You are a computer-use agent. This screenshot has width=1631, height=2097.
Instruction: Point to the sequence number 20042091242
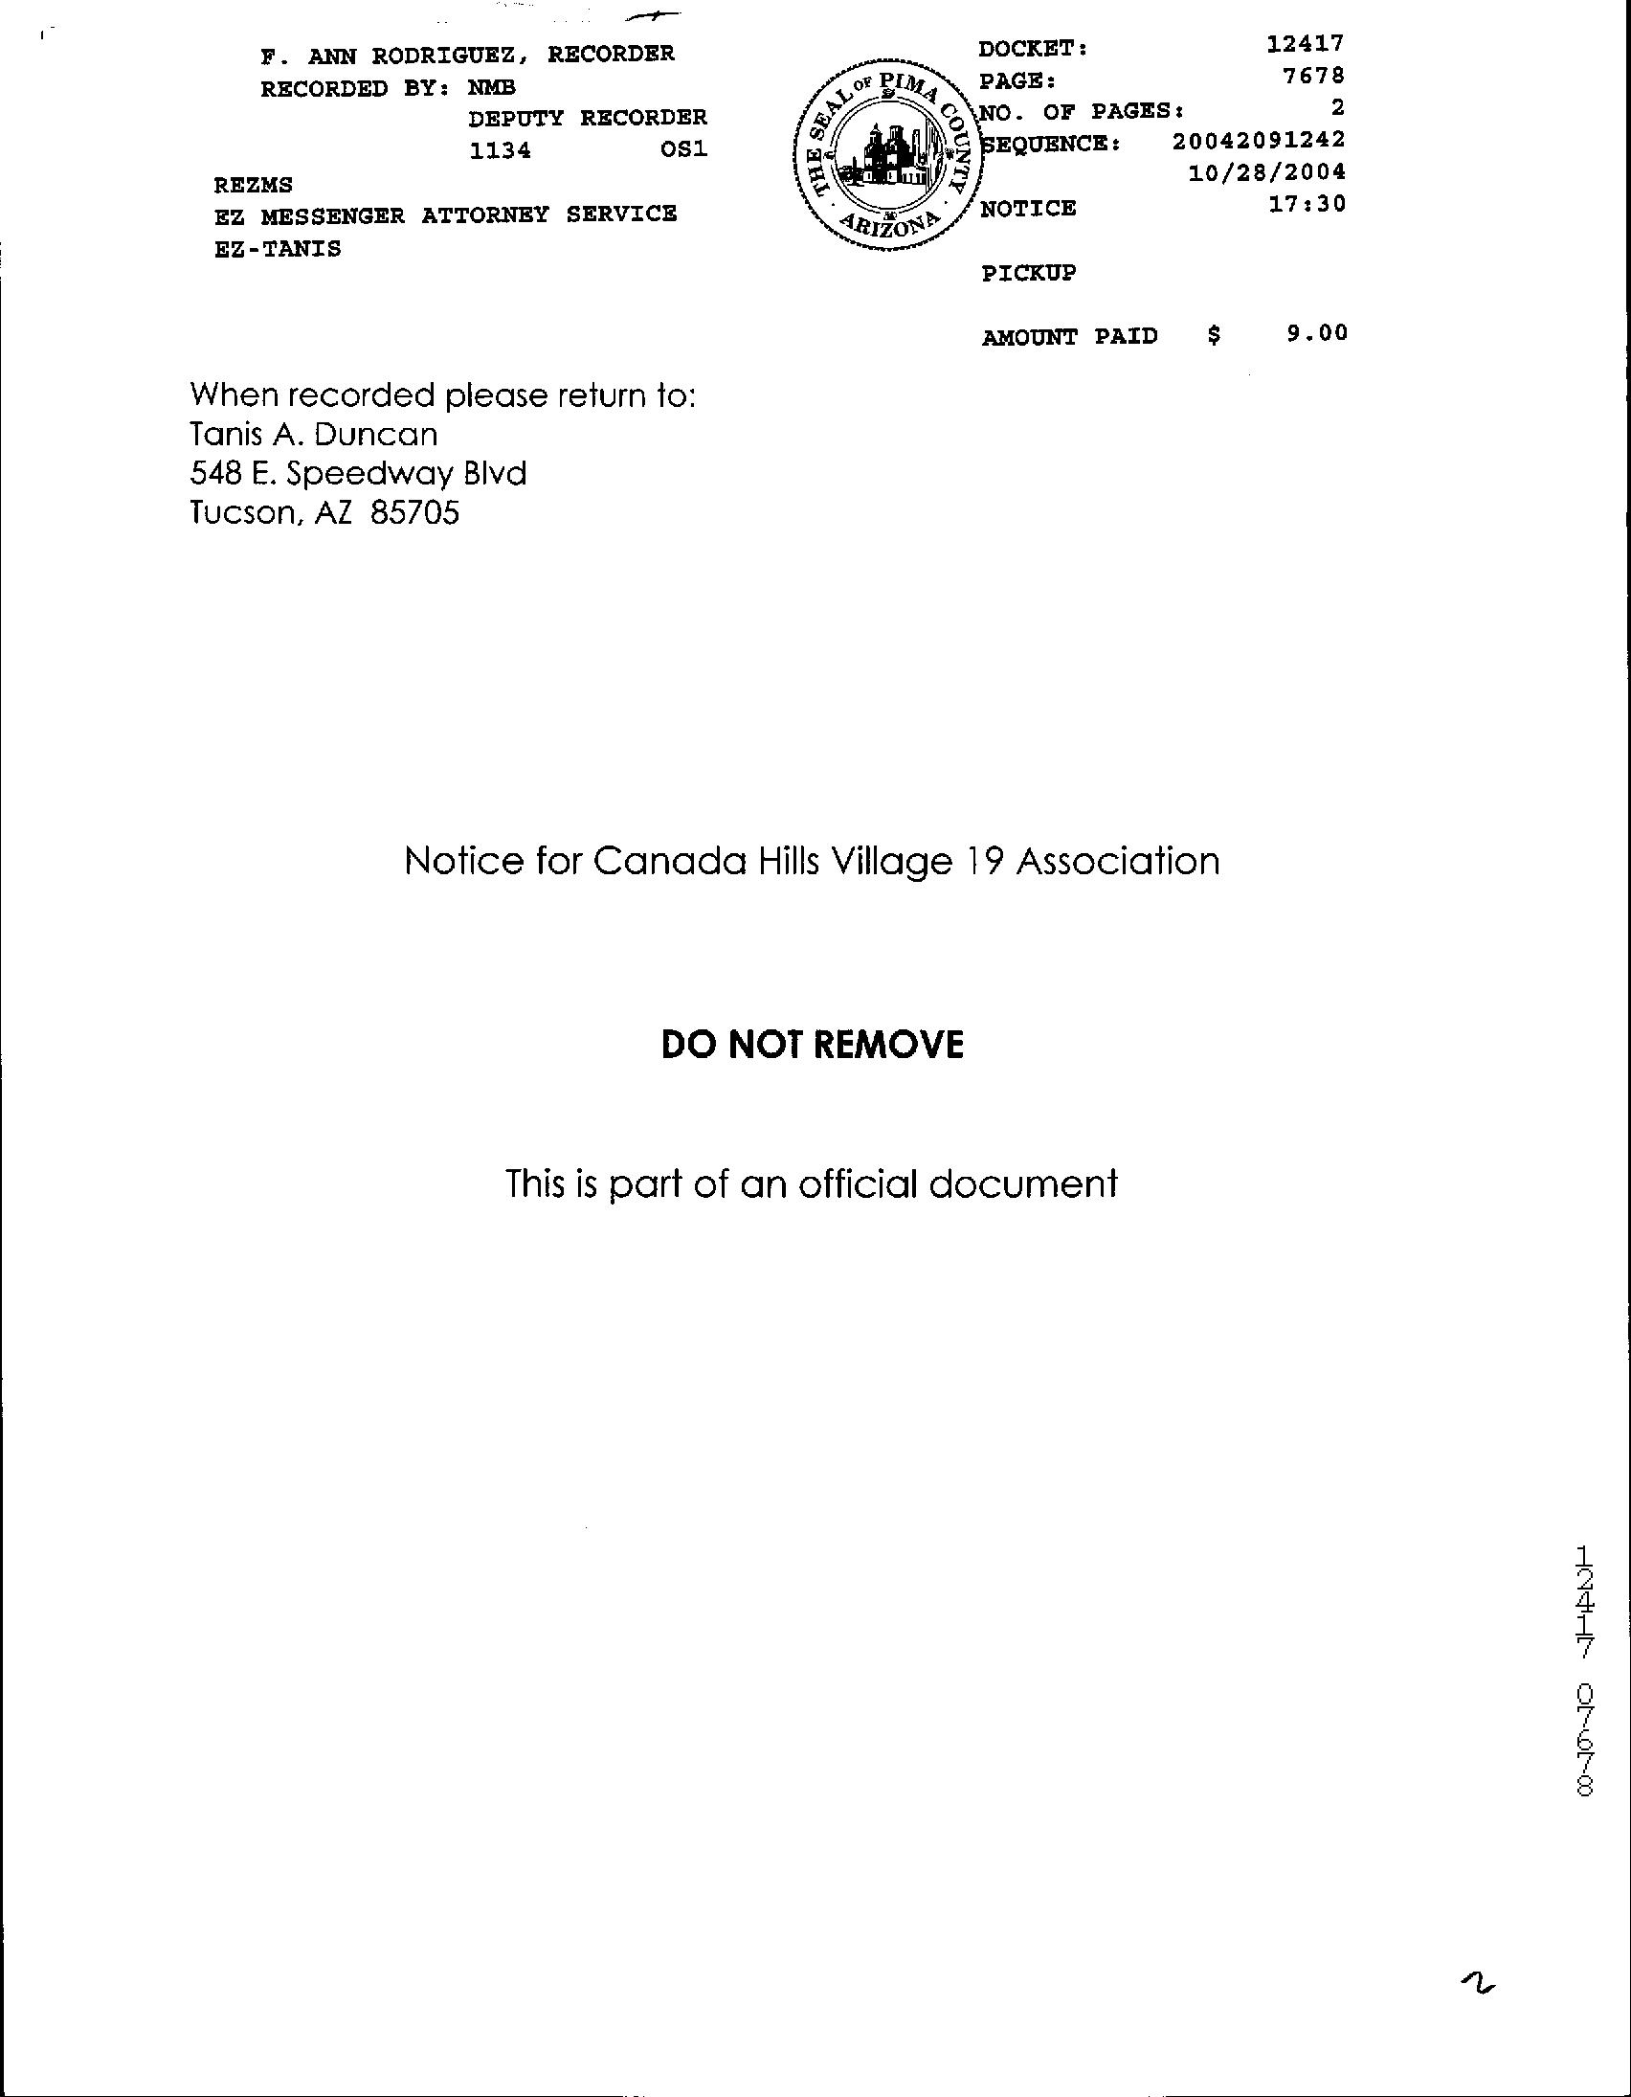click(1258, 140)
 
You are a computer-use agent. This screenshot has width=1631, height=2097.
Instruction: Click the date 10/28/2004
click(1266, 172)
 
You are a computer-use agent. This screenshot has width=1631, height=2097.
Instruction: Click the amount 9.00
click(1317, 333)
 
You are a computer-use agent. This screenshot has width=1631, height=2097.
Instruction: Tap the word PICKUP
click(1028, 273)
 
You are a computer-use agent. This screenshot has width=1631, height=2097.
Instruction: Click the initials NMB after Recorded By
click(492, 88)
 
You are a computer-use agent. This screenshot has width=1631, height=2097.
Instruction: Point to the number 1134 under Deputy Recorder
click(500, 150)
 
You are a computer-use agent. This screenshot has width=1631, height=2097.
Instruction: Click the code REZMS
click(254, 185)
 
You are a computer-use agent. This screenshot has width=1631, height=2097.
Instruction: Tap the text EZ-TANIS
click(278, 249)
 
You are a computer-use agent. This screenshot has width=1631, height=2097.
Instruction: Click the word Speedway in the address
click(369, 474)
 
